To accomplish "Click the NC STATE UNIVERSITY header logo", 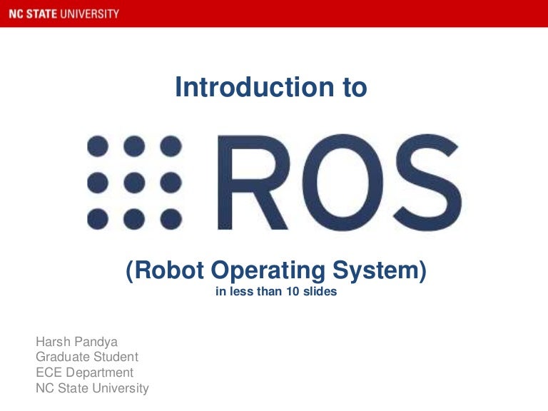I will pos(60,14).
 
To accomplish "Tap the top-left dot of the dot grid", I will pos(98,147).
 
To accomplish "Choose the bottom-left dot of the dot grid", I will pos(98,217).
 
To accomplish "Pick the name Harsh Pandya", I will pos(77,342).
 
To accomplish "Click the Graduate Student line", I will pos(87,357).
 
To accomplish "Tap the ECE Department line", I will pos(84,372).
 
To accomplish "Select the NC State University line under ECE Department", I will pos(92,388).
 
